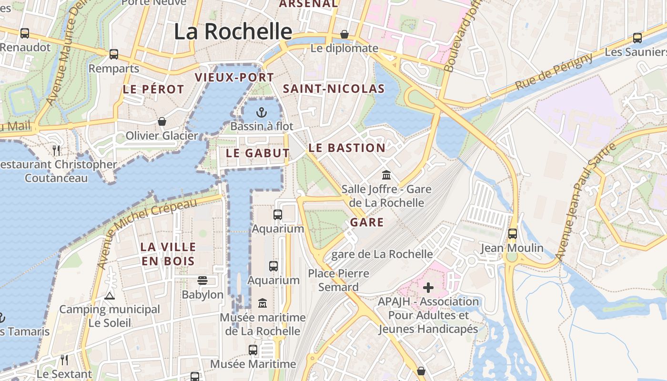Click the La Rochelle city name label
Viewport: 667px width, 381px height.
[232, 32]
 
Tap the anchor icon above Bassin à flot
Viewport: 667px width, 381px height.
[261, 112]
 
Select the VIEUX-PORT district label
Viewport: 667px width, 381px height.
[234, 77]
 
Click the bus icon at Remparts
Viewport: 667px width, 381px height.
[114, 54]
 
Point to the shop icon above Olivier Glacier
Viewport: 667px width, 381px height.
[162, 121]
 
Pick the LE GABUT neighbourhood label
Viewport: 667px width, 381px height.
[257, 153]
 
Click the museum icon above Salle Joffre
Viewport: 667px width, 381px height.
[386, 175]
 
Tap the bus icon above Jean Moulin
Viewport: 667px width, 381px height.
[512, 234]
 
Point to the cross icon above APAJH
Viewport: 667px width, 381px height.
[428, 287]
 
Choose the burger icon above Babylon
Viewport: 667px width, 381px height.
[202, 281]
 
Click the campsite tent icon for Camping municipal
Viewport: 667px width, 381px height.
[110, 296]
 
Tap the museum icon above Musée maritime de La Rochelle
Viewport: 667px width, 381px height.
[263, 303]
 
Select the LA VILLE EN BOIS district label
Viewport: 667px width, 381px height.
[168, 254]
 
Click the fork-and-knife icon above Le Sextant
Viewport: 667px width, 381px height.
[64, 360]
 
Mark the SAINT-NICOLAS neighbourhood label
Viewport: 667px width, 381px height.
[333, 89]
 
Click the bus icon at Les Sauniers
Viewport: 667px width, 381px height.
[637, 38]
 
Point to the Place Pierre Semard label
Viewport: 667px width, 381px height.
[338, 280]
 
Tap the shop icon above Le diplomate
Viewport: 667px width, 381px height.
[344, 35]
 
